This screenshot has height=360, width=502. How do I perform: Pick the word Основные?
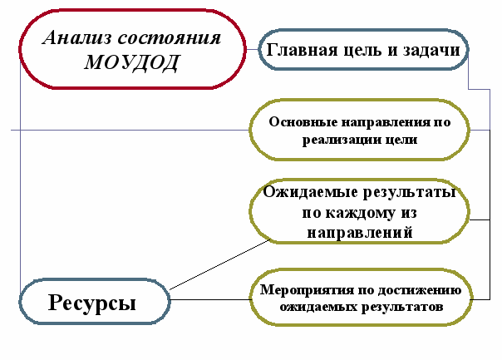tap(304, 121)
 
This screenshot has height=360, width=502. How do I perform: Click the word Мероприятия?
tap(302, 289)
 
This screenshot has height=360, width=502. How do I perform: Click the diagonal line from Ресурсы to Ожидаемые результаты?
tap(220, 265)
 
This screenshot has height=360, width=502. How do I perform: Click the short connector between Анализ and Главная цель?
tap(252, 50)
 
